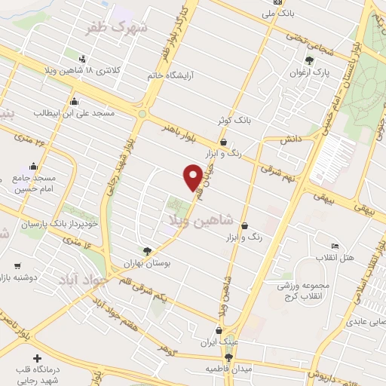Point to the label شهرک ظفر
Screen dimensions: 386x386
click(115, 28)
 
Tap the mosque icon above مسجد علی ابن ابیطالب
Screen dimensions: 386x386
click(74, 102)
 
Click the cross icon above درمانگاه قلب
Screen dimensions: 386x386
click(36, 357)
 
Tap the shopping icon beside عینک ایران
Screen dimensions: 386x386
click(219, 329)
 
